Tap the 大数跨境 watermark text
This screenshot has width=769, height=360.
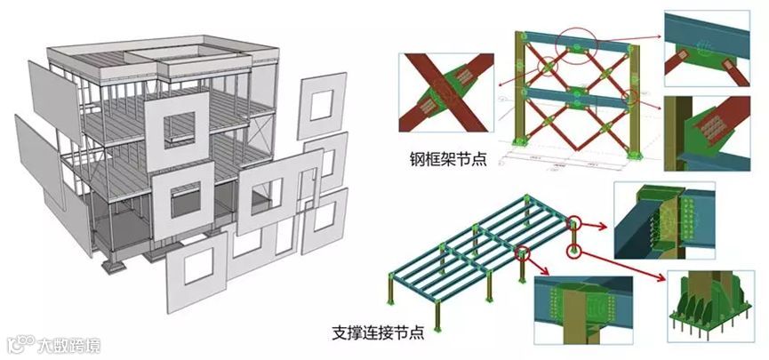(67, 342)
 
